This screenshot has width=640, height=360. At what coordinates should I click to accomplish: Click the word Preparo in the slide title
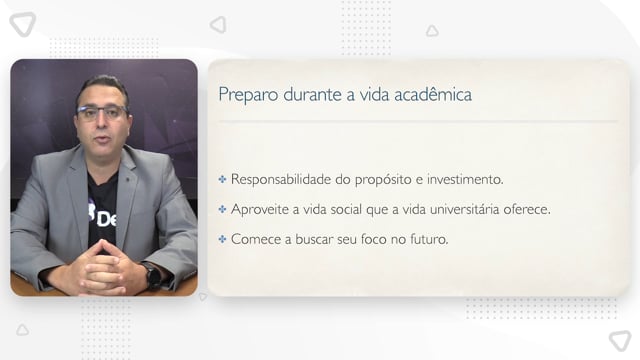click(x=248, y=95)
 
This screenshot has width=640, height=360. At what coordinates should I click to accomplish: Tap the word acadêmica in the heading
click(x=433, y=94)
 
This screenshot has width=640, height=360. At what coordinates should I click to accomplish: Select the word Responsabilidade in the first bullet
click(x=281, y=179)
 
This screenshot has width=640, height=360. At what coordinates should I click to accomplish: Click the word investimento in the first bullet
click(x=465, y=179)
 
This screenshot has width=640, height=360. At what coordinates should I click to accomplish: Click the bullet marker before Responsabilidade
click(x=222, y=179)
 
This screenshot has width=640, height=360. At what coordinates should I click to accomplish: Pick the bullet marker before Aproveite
click(x=222, y=209)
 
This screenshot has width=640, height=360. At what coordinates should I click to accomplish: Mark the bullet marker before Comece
click(x=222, y=239)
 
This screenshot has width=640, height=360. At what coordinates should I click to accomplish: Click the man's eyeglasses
click(x=103, y=112)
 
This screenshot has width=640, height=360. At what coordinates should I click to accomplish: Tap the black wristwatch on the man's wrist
click(x=153, y=276)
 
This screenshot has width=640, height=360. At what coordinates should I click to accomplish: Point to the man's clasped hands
click(x=101, y=268)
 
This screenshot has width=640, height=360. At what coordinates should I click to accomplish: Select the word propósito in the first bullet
click(x=383, y=180)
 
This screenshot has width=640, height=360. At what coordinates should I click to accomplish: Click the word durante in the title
click(x=312, y=94)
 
